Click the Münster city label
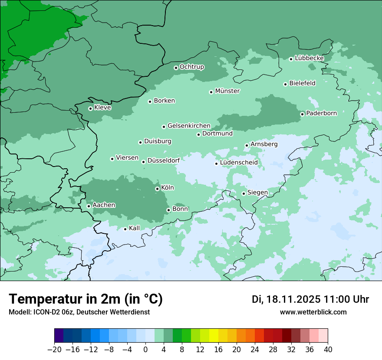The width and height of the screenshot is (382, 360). coord(227,91)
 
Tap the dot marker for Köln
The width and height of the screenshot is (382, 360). coord(157,189)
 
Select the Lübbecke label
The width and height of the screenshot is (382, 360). coord(309,58)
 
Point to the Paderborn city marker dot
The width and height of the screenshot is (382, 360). coord(303,114)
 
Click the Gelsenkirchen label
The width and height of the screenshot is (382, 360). coord(189,126)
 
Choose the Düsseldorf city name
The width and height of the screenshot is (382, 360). coord(164,161)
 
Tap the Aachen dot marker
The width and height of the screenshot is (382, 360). coord(89,206)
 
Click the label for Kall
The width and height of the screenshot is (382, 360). coord(135,228)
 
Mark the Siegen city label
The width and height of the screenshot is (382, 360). coord(257,193)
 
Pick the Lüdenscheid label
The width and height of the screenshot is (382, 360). coord(239,163)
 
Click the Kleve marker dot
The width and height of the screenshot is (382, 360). coord(90,108)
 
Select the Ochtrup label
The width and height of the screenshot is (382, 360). coord(191,67)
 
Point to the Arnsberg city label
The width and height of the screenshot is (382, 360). coord(264,144)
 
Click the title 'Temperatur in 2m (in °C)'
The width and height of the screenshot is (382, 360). coord(86,299)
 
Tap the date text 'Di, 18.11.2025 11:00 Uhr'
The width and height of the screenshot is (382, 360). coord(310,299)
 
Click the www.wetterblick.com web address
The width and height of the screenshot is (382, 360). coord(313,312)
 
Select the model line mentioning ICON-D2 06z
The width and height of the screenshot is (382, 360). coord(79,312)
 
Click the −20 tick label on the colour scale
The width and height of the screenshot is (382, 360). coord(54,350)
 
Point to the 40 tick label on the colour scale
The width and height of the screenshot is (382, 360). coord(328,350)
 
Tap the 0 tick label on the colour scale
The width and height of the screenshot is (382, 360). coord(145,350)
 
